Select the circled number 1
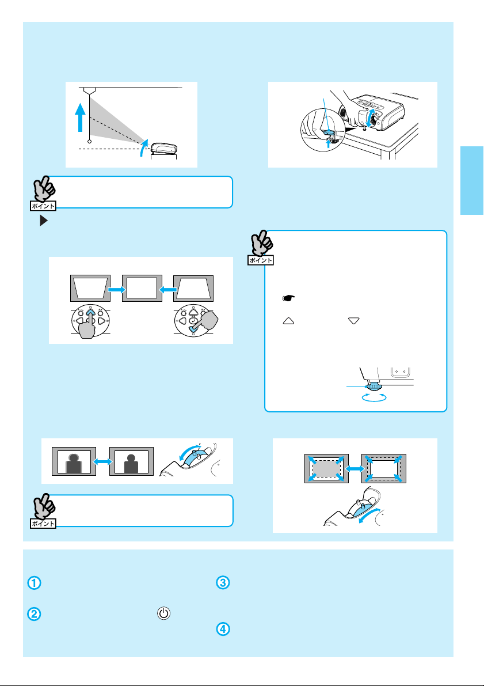[35, 583]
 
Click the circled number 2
[35, 614]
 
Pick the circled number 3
[223, 583]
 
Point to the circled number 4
[223, 629]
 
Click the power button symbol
[163, 613]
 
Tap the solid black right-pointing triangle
[43, 221]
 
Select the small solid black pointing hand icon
[288, 298]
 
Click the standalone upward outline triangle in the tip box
[288, 321]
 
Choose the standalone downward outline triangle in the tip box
[354, 321]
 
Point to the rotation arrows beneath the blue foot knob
[374, 397]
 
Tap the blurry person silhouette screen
[74, 461]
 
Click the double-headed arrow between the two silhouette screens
[103, 461]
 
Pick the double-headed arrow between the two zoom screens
[355, 468]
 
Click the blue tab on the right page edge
[472, 181]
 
